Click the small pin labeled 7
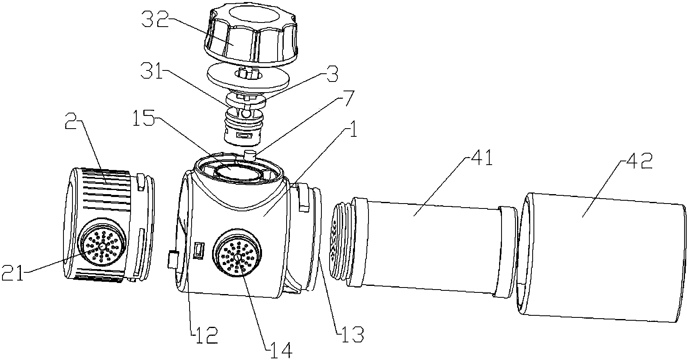pyautogui.click(x=249, y=155)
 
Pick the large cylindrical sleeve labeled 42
pyautogui.click(x=602, y=254)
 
